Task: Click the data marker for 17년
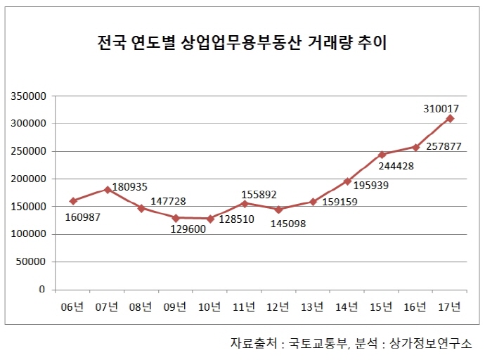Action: (450, 118)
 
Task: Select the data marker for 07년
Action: (107, 190)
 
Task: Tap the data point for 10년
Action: (210, 219)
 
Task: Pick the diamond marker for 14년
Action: (347, 181)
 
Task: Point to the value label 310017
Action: (442, 109)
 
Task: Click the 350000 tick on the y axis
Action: (29, 96)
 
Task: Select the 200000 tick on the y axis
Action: (29, 179)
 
